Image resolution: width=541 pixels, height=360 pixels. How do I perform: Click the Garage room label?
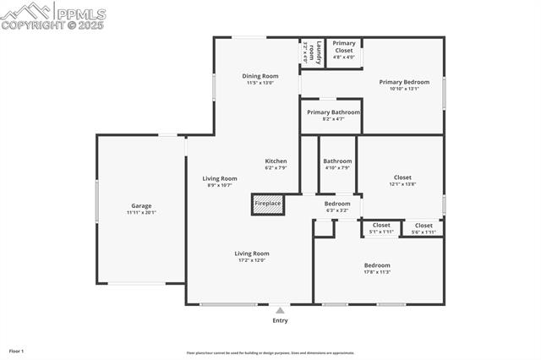pos(141,205)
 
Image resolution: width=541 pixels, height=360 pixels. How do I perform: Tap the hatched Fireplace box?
pos(267,205)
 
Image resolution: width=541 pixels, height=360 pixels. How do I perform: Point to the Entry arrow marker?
pos(280,310)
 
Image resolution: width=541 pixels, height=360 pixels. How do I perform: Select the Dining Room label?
pos(260,76)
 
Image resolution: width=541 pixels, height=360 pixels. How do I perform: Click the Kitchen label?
pos(276,161)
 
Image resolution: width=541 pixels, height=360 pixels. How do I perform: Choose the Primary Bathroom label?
pos(333,112)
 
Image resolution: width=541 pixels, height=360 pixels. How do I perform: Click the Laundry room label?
pos(309,51)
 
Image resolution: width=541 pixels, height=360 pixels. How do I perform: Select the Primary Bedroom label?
pos(402,82)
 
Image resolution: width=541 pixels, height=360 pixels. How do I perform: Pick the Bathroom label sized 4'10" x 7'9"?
pos(337,161)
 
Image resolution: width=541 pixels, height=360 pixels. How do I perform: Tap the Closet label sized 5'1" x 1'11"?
pos(381,225)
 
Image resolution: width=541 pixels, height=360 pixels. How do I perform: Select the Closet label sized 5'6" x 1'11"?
pos(424,225)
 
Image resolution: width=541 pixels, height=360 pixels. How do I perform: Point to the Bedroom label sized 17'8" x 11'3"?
pos(377,265)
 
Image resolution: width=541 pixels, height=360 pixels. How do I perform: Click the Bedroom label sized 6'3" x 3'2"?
pos(337,204)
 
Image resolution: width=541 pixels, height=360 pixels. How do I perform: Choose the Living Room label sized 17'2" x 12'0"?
pos(252,253)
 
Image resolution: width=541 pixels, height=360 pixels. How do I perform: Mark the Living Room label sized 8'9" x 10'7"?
pos(219,178)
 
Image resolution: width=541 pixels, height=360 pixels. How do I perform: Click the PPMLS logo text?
pos(79,14)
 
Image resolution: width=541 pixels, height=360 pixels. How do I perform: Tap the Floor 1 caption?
pos(16,350)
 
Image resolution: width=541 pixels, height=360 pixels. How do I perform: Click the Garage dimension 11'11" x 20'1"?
pos(141,212)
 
